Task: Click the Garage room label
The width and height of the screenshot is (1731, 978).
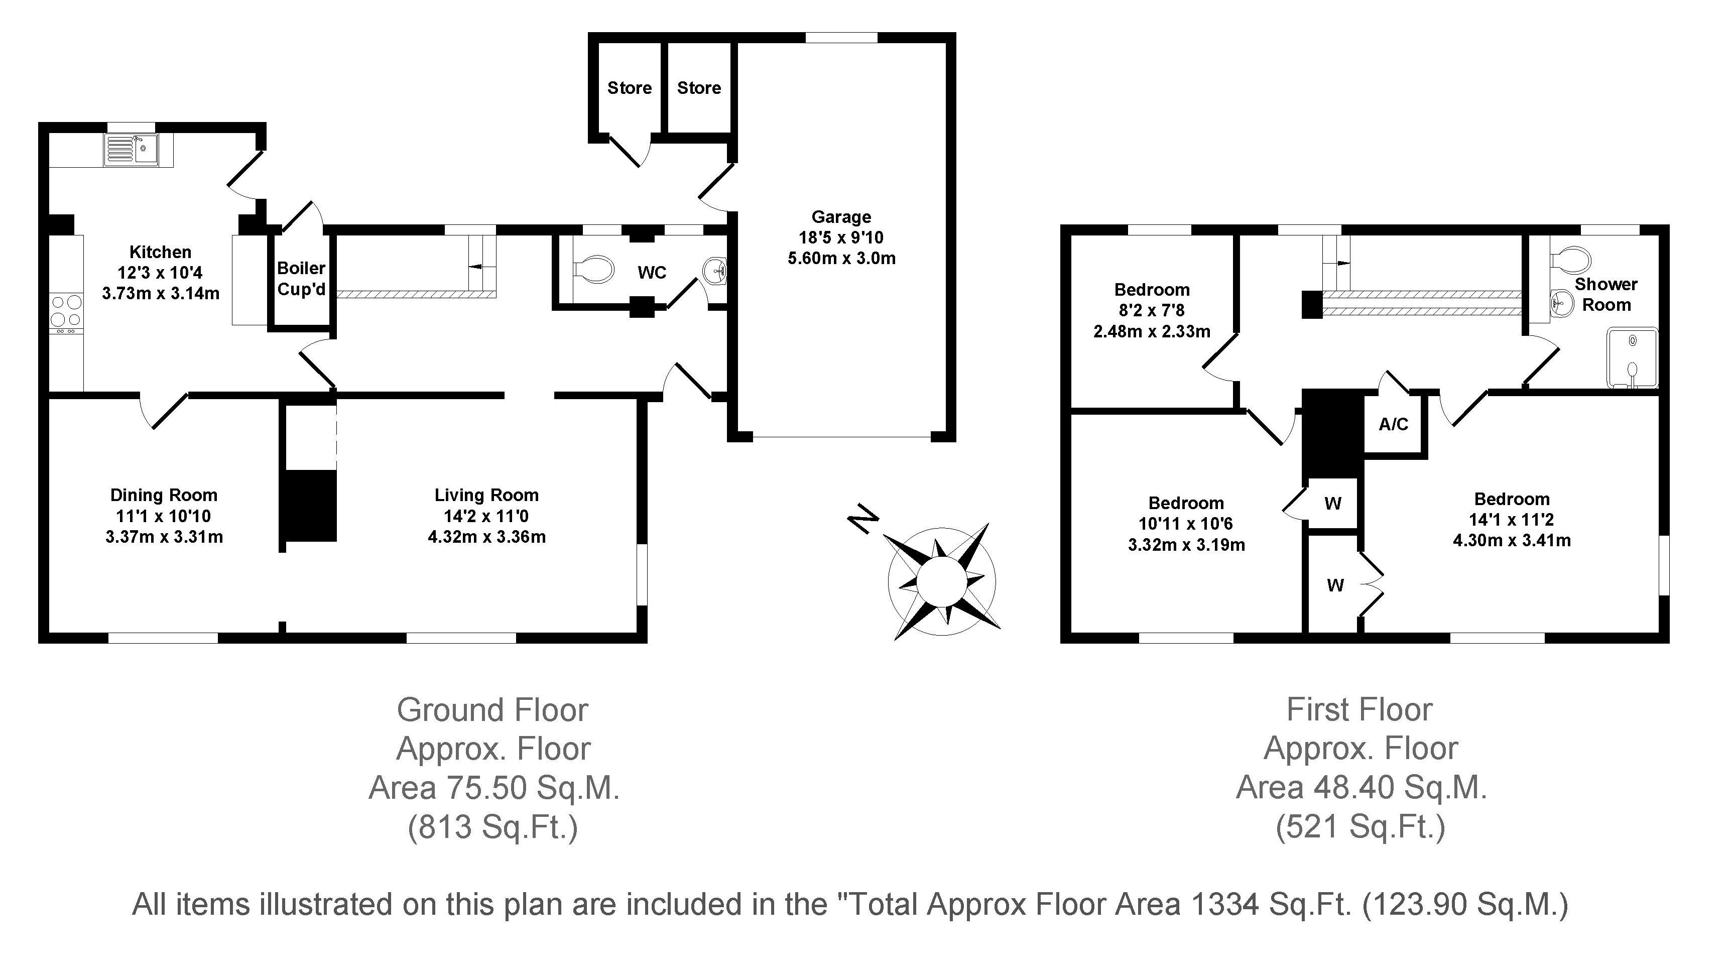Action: coord(841,217)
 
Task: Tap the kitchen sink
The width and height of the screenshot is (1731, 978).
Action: coord(131,150)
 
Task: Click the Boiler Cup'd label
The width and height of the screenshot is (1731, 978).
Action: coord(302,279)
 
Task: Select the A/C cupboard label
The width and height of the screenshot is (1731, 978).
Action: coord(1394,424)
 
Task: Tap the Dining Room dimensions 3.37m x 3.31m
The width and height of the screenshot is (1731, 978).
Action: coord(164,537)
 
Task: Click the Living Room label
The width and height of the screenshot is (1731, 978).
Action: coord(486,496)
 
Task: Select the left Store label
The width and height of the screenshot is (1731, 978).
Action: coord(630,88)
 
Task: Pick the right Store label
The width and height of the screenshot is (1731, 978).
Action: coord(699,88)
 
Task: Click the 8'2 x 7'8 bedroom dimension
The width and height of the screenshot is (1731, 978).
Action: coord(1152,311)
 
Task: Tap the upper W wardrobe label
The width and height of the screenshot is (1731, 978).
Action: coord(1333,504)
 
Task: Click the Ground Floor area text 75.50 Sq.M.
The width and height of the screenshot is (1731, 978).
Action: coord(494,788)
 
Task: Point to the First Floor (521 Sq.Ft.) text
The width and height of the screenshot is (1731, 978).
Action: coord(1361,827)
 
